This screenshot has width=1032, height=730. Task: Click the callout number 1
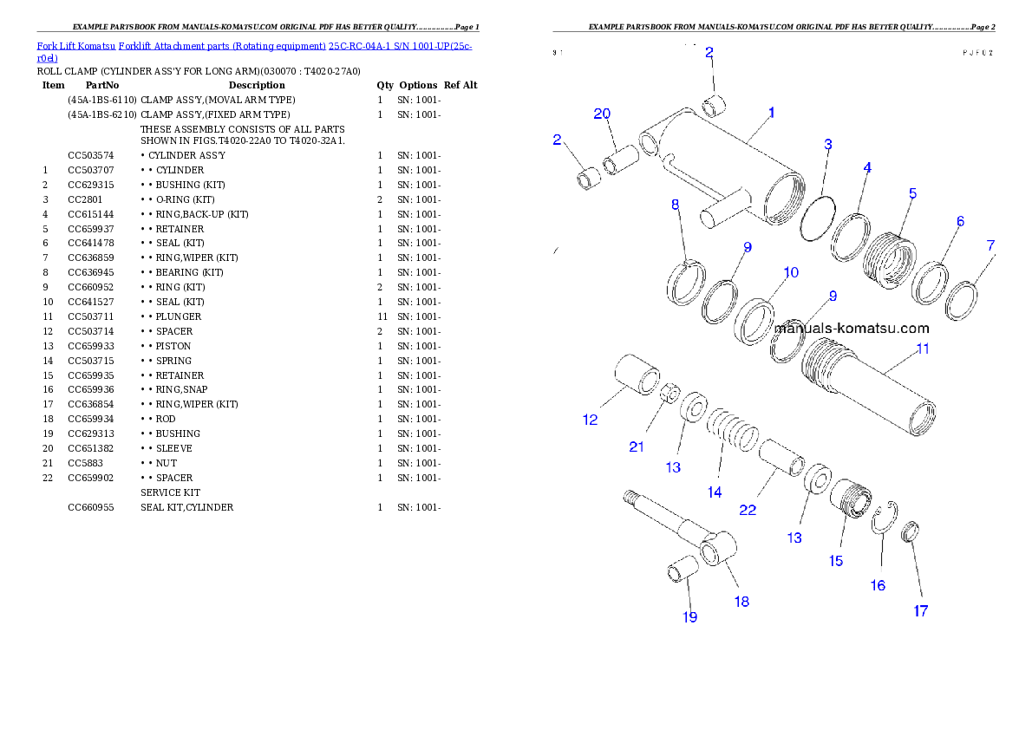click(771, 113)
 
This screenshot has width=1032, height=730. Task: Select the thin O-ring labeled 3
click(817, 219)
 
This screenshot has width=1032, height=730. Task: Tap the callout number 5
click(912, 194)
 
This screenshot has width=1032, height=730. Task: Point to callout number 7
click(991, 246)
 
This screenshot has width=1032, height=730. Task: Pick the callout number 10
click(791, 273)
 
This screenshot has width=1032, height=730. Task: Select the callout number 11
click(923, 349)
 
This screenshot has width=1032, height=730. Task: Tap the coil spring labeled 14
click(731, 431)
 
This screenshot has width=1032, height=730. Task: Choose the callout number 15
click(836, 561)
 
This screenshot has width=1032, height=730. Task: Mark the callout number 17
click(921, 611)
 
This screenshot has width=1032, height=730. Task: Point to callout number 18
click(742, 602)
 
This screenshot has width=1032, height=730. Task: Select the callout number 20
click(602, 114)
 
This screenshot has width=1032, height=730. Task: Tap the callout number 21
click(637, 447)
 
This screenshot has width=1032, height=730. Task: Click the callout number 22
click(748, 511)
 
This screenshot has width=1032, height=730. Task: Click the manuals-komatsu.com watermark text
click(851, 329)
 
